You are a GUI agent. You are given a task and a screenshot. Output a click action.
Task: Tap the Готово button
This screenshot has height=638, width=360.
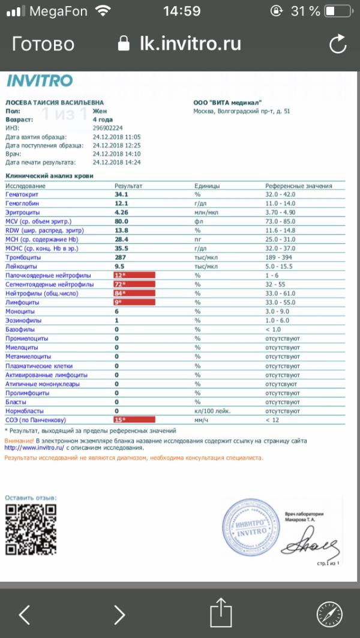[x=43, y=44]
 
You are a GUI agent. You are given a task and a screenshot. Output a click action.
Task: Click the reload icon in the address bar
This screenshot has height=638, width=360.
[x=338, y=44]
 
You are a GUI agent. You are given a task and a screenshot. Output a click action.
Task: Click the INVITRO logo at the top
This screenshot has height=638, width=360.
[x=40, y=81]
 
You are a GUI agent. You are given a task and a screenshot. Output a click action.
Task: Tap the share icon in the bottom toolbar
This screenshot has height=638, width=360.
[x=220, y=614]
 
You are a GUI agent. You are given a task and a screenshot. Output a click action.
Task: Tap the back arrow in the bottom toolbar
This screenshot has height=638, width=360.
[x=24, y=614]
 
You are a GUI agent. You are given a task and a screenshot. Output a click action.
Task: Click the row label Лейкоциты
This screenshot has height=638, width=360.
[x=21, y=266]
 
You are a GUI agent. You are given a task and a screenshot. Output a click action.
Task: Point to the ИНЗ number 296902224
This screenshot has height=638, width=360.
[x=108, y=128]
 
